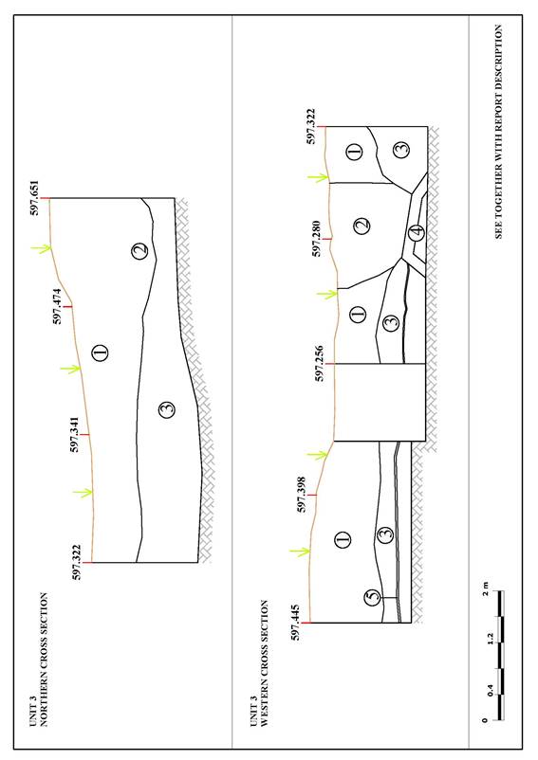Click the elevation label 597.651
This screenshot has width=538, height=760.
click(35, 198)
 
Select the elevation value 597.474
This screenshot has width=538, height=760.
click(58, 306)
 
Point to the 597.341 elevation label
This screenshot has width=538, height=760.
click(75, 434)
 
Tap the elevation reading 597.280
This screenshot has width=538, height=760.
click(316, 239)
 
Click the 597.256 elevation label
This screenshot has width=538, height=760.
click(319, 364)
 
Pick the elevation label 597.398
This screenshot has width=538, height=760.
click(301, 495)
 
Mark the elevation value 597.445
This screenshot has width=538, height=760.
click(295, 623)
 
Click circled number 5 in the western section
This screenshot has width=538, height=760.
click(373, 597)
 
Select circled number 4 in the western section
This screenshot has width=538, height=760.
click(416, 233)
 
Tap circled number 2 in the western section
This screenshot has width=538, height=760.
click(362, 226)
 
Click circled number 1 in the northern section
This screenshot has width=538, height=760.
click(100, 352)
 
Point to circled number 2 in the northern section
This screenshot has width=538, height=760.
click(139, 251)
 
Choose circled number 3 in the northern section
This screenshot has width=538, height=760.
click(167, 410)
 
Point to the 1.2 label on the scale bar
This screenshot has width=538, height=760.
click(490, 639)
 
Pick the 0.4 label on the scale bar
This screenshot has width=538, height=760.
click(490, 690)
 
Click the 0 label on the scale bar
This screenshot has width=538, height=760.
click(485, 720)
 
